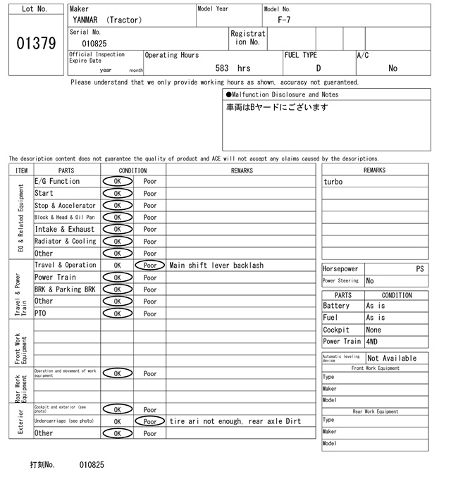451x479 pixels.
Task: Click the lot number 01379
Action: (35, 44)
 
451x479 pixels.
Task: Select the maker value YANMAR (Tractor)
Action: (106, 20)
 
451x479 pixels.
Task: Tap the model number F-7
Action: (283, 20)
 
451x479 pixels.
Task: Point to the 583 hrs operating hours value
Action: (233, 68)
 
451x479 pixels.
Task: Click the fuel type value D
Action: (318, 68)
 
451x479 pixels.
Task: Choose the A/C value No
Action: (393, 68)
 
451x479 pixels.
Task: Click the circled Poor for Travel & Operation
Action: (150, 266)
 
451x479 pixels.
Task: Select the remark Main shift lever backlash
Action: (216, 266)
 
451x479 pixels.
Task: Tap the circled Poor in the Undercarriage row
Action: (150, 421)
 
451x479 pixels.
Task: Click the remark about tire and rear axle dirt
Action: (235, 421)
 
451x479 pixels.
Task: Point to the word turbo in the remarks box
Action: (333, 182)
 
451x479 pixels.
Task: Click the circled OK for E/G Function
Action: (117, 182)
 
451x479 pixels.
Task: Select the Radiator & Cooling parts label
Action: (65, 242)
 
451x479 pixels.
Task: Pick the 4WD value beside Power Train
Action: (371, 342)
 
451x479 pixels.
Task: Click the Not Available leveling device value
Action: (392, 358)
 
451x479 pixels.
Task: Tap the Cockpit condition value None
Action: (373, 330)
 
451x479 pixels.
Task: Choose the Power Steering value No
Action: (370, 280)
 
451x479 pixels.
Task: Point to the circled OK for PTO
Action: (117, 313)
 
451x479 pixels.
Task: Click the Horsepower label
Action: (340, 269)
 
